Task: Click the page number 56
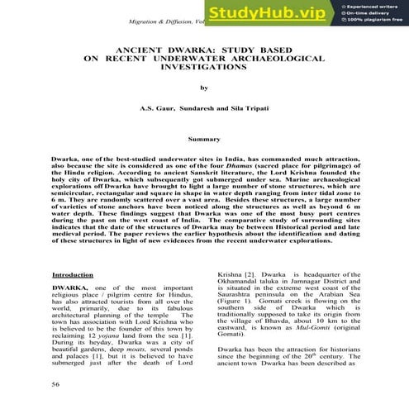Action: coord(56,384)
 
